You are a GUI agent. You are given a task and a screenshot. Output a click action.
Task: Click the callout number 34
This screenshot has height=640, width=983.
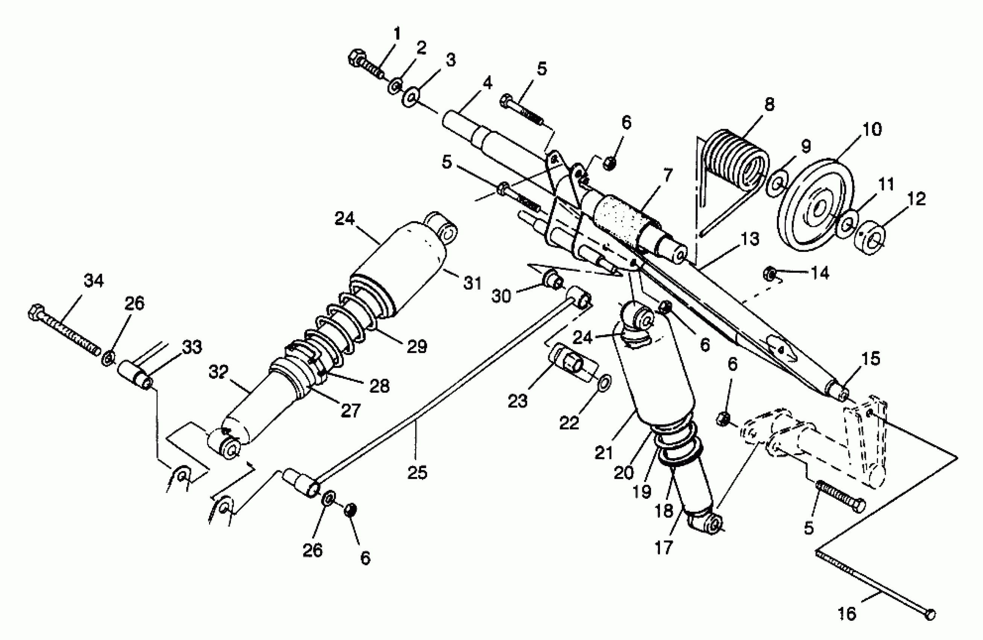(x=94, y=281)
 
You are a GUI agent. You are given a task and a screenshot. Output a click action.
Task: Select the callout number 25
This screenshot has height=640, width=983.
(x=417, y=472)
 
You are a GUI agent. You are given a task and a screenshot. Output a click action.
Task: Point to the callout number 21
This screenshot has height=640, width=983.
(x=604, y=453)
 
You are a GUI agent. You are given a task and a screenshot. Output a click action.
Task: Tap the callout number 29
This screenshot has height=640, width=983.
(x=417, y=347)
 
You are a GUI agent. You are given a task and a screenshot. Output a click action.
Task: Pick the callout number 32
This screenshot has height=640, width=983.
(x=218, y=372)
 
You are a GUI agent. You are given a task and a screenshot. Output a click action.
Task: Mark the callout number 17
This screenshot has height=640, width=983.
(x=664, y=548)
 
